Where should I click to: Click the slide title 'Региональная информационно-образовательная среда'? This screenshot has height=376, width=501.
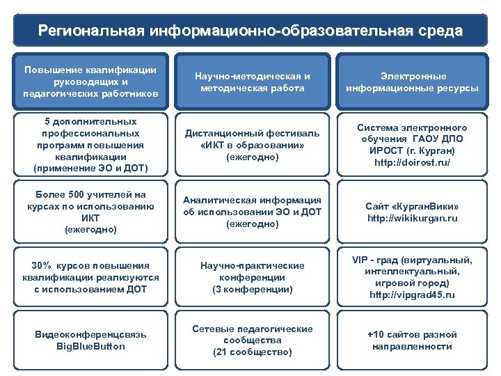click(x=250, y=31)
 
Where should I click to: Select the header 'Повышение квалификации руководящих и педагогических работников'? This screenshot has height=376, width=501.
click(x=90, y=82)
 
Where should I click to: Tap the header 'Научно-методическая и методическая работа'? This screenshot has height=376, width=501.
click(x=252, y=82)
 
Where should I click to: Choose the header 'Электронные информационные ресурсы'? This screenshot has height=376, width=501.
click(x=413, y=82)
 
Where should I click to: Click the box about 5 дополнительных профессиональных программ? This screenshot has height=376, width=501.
click(x=90, y=144)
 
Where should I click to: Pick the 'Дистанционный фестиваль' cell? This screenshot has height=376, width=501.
click(x=252, y=145)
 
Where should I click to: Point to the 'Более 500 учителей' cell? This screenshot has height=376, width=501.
click(x=90, y=211)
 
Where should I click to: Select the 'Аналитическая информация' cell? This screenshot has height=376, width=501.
click(x=252, y=212)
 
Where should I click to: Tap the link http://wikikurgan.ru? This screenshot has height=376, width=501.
click(x=413, y=219)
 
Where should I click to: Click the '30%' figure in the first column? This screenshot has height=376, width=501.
click(x=44, y=265)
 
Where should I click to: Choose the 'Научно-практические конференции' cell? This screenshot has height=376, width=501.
click(x=252, y=276)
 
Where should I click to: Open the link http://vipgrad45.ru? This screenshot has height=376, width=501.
click(x=413, y=295)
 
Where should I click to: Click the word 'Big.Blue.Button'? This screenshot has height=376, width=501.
click(x=90, y=346)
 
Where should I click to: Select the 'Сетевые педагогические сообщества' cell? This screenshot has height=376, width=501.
click(x=252, y=340)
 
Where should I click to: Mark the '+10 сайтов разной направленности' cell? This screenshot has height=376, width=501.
click(x=413, y=340)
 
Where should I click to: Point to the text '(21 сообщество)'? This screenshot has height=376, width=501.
click(x=252, y=352)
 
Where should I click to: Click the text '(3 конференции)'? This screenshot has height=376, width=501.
click(x=252, y=289)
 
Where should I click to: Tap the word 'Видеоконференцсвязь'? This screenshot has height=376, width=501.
click(x=90, y=334)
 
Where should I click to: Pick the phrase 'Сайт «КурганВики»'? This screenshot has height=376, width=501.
click(x=413, y=206)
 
